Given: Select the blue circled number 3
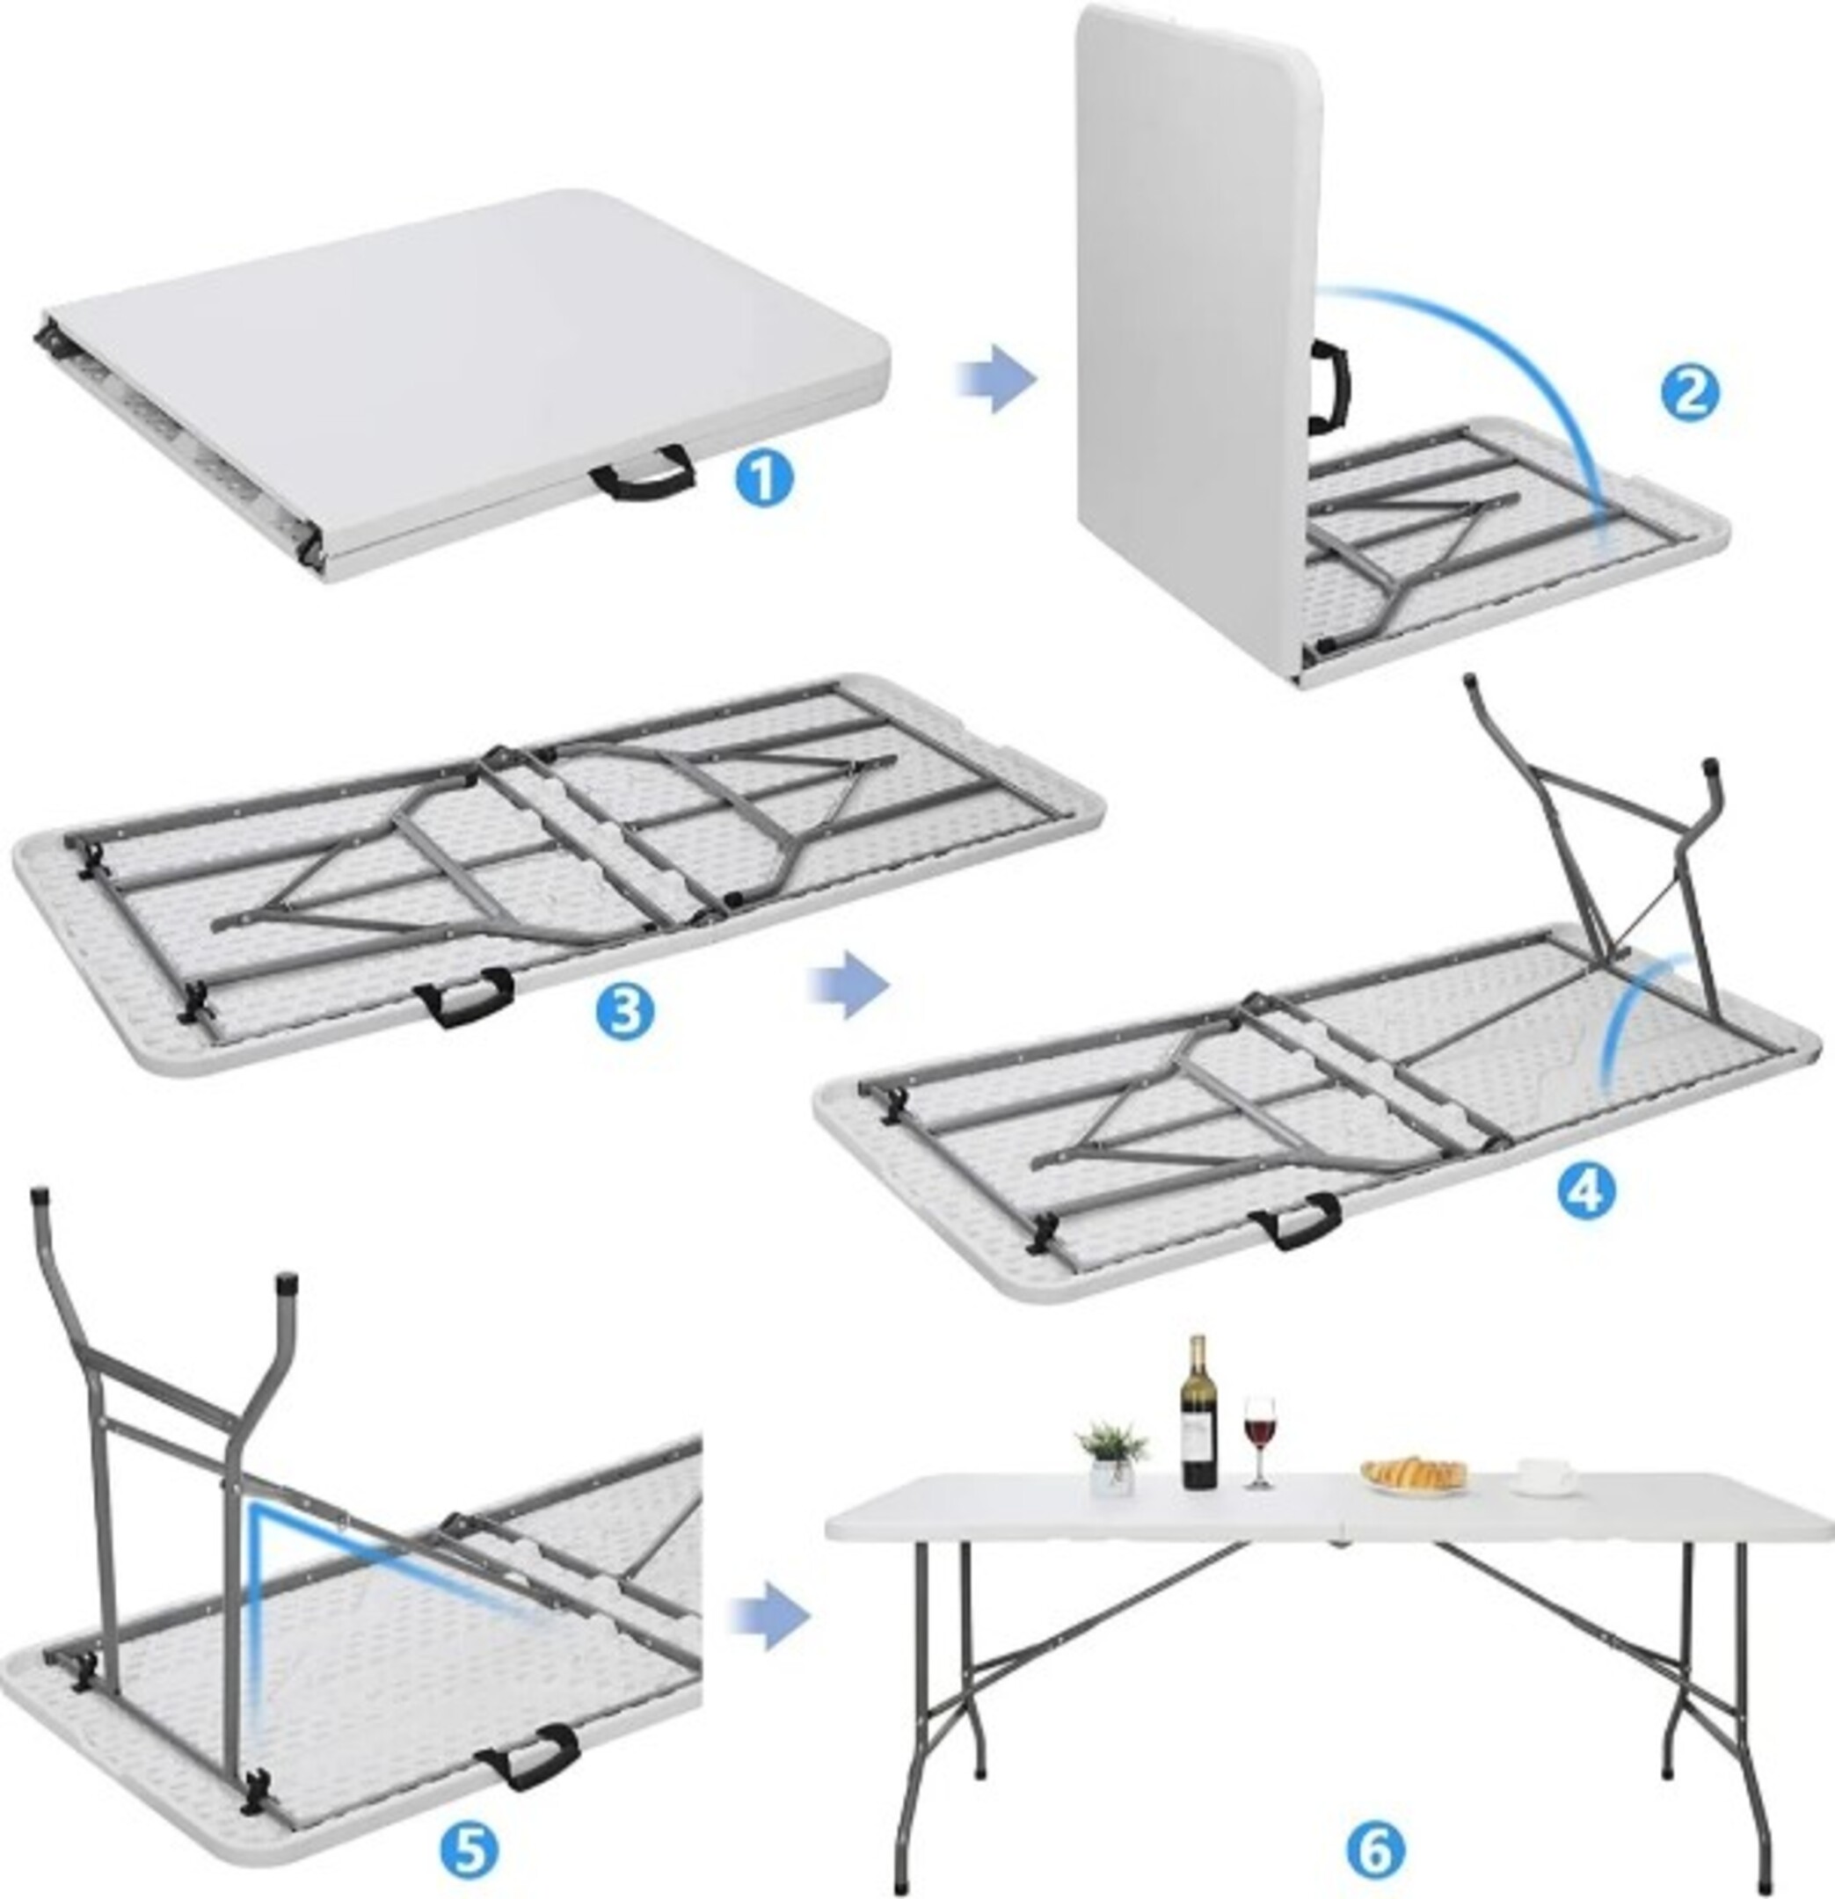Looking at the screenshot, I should pyautogui.click(x=626, y=1009).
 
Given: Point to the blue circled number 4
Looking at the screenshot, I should pyautogui.click(x=1585, y=1192).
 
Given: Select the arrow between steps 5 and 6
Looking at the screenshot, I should pyautogui.click(x=769, y=1616).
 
